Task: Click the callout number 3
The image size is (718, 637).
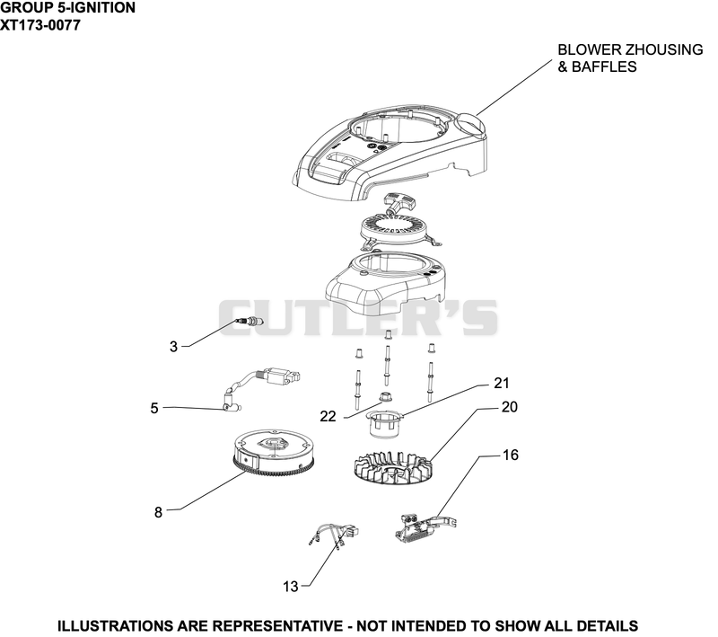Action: point(173,347)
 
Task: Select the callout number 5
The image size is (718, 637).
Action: point(154,408)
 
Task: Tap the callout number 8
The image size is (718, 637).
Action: point(159,512)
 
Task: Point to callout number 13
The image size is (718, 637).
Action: point(291,586)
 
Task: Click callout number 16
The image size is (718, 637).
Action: point(511,455)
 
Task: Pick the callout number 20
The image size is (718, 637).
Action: point(509,406)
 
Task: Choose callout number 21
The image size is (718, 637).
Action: point(502,383)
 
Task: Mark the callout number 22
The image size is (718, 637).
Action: point(328,416)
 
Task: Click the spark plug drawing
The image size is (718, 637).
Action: point(249,321)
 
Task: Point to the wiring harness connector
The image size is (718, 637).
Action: point(334,535)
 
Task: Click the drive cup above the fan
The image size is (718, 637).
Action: point(385,424)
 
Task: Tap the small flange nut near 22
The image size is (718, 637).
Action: point(386,397)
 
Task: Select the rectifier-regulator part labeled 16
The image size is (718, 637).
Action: point(425,527)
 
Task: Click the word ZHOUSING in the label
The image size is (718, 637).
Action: point(659,49)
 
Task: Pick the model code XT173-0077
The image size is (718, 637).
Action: point(40,25)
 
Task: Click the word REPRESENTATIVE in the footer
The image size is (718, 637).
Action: point(278,625)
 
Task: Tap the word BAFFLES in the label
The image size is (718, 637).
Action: point(604,66)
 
